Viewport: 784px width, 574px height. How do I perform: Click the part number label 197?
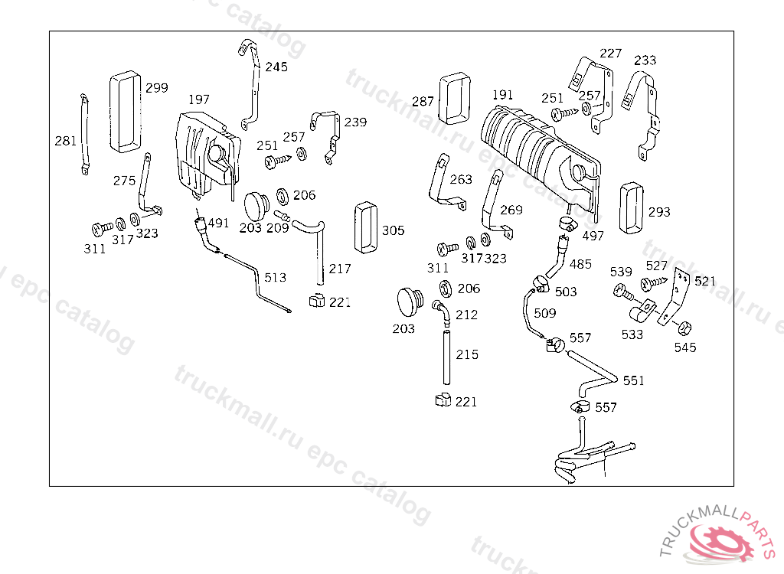click(x=199, y=99)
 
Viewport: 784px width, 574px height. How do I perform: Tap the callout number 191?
click(x=502, y=95)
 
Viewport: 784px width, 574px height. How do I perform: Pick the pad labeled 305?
click(x=365, y=227)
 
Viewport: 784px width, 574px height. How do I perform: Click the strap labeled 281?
click(x=83, y=133)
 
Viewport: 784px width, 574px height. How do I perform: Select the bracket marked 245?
click(x=249, y=84)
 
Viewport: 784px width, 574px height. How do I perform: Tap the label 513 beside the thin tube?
click(x=276, y=277)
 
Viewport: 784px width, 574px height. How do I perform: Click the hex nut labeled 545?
click(x=684, y=328)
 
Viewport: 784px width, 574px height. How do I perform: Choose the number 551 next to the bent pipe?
click(x=633, y=380)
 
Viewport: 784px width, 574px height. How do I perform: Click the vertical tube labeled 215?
click(x=444, y=356)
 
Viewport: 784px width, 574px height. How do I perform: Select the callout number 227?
click(x=611, y=54)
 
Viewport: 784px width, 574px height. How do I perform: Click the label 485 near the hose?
click(x=580, y=264)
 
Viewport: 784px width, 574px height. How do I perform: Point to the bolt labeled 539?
click(x=622, y=291)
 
